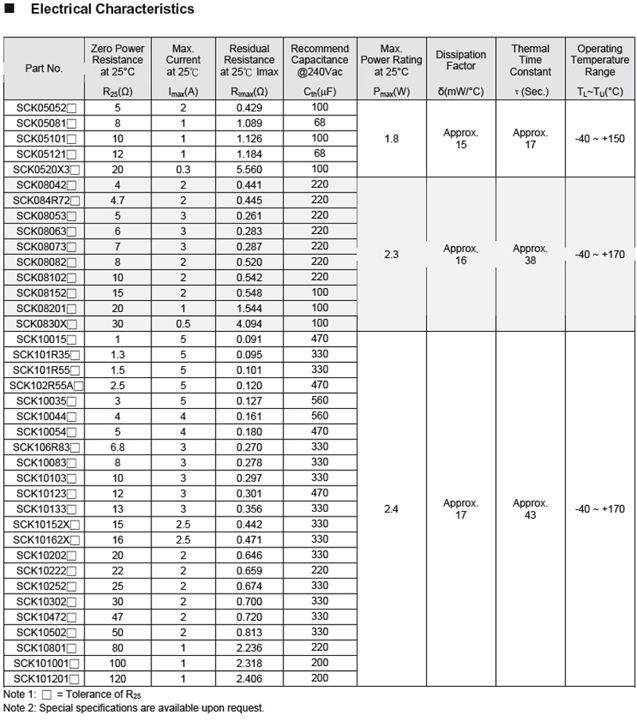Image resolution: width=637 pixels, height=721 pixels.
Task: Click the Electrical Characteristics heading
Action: [111, 10]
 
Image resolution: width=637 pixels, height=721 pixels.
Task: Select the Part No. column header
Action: [44, 69]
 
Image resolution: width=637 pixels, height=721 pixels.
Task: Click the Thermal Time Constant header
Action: [530, 60]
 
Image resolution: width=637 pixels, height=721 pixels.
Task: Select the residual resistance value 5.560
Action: [249, 169]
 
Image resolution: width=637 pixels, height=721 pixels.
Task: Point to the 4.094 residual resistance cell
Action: [249, 323]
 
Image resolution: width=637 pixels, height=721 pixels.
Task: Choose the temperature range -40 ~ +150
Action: [599, 138]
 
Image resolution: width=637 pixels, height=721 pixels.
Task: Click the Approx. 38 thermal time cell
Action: [530, 254]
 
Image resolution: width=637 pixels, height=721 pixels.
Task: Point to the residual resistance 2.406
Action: [249, 678]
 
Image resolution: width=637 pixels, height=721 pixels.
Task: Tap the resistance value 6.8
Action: [118, 446]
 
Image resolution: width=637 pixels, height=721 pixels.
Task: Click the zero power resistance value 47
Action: [118, 616]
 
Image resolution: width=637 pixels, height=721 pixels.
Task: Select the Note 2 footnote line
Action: [134, 707]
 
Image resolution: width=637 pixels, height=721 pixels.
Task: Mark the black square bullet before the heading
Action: [10, 10]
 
